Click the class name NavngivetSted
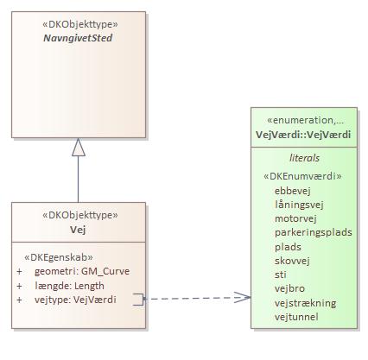(x=79, y=38)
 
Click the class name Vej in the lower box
(x=79, y=229)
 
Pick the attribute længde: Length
(x=71, y=285)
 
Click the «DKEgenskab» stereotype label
(x=59, y=256)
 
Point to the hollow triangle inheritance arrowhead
(x=79, y=148)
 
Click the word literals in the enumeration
(x=303, y=159)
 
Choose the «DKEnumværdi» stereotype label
(x=302, y=176)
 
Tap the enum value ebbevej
(x=294, y=191)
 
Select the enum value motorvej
(x=296, y=218)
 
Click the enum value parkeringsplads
(x=314, y=232)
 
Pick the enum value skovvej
(x=293, y=260)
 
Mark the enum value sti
(x=280, y=274)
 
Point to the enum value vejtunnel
(x=297, y=316)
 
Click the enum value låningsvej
(x=299, y=205)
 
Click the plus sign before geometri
(x=19, y=271)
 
